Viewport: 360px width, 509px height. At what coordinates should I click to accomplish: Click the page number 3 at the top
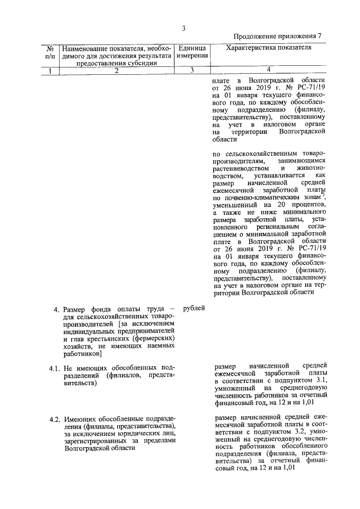coord(184,29)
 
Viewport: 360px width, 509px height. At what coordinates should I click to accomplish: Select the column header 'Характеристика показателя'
coord(268,49)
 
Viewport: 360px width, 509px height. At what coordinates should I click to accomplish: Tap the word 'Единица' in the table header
coord(192,49)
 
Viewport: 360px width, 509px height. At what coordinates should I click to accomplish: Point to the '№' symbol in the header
coord(50,49)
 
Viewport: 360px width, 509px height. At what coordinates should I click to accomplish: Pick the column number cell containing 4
coord(268,70)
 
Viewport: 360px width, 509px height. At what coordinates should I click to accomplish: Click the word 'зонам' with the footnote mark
coord(307,198)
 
